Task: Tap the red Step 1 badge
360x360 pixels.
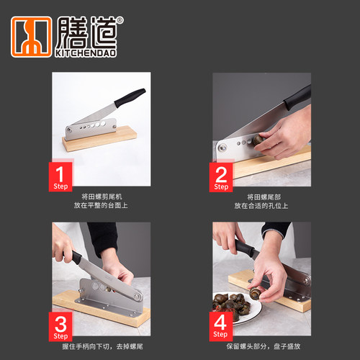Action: [x=62, y=177]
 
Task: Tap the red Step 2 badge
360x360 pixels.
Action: [x=222, y=177]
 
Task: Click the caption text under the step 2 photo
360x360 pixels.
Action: [x=261, y=201]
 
